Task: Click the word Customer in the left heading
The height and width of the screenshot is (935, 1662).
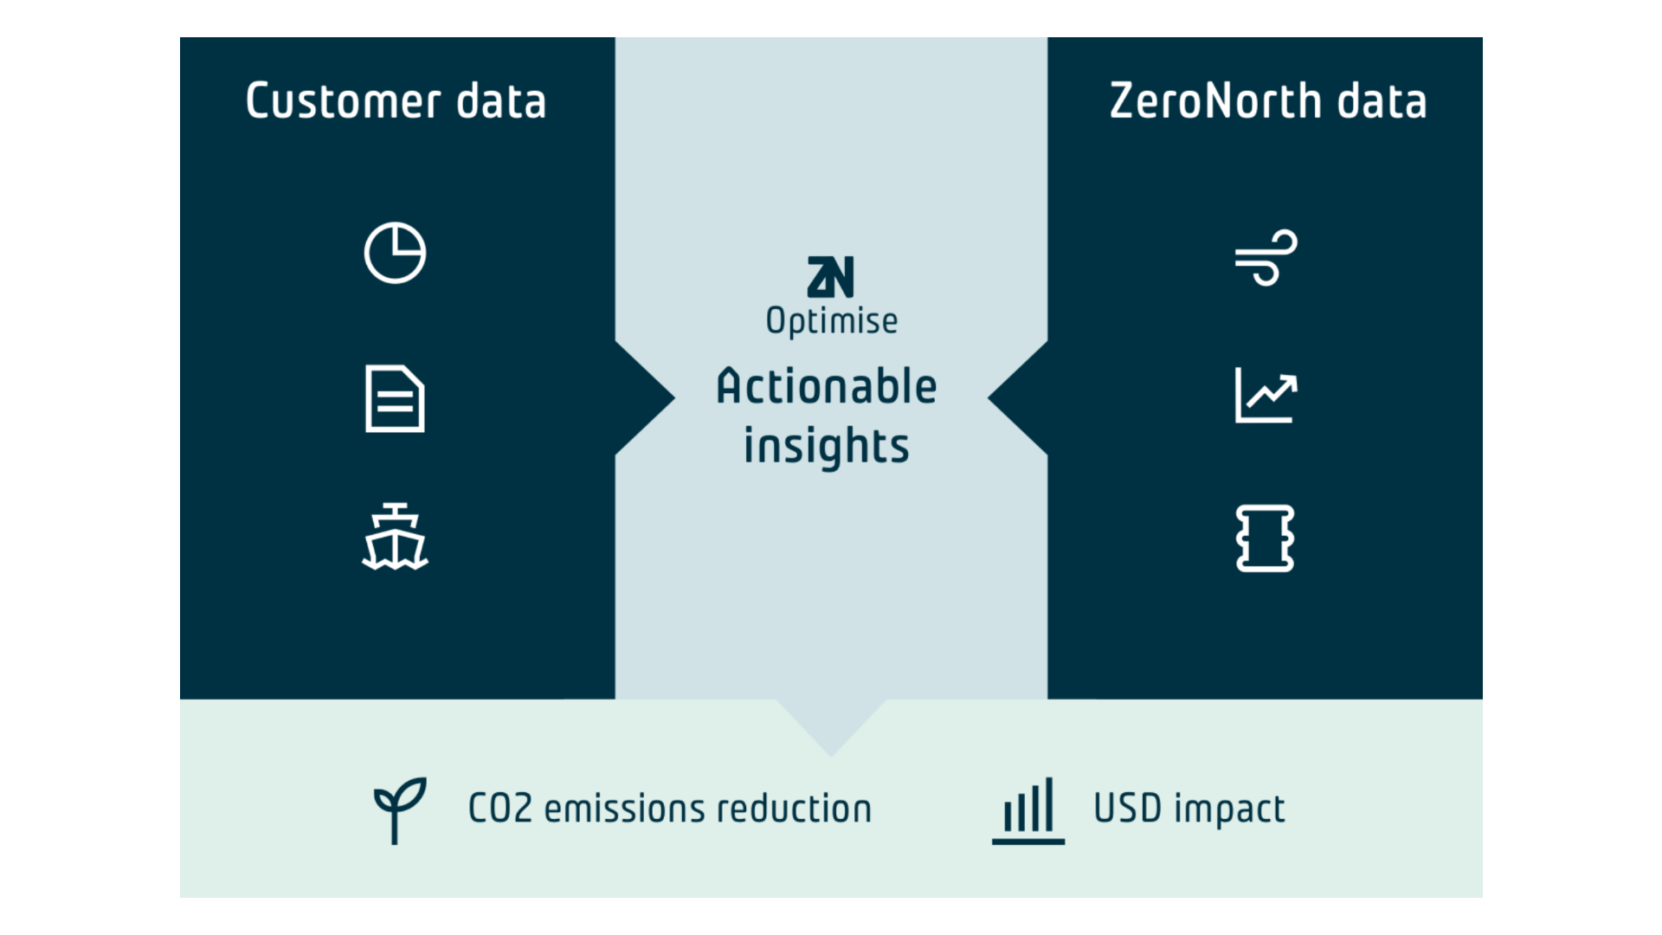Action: pyautogui.click(x=344, y=101)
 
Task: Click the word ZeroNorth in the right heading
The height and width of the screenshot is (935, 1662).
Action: pyautogui.click(x=1215, y=101)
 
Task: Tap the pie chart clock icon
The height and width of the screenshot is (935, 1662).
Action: pyautogui.click(x=395, y=253)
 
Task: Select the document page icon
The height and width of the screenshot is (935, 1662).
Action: pyautogui.click(x=395, y=398)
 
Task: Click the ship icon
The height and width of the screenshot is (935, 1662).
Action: pyautogui.click(x=395, y=538)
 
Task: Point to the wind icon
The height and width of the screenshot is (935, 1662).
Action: pyautogui.click(x=1266, y=257)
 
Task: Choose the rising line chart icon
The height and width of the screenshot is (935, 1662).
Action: pyautogui.click(x=1266, y=396)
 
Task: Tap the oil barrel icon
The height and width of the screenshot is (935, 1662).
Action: pyautogui.click(x=1266, y=538)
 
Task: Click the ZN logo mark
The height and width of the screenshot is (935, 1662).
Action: pyautogui.click(x=830, y=277)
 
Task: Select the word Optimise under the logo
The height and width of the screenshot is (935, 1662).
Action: pyautogui.click(x=832, y=321)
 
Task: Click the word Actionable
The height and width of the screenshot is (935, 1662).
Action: pyautogui.click(x=827, y=386)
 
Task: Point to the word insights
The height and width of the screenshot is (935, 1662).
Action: pyautogui.click(x=827, y=447)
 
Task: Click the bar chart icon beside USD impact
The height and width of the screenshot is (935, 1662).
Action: pyautogui.click(x=1028, y=810)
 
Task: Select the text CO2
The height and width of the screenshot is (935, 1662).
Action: pyautogui.click(x=499, y=809)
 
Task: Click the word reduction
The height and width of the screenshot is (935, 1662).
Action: pyautogui.click(x=794, y=809)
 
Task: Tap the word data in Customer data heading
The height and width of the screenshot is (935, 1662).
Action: pyautogui.click(x=501, y=101)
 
